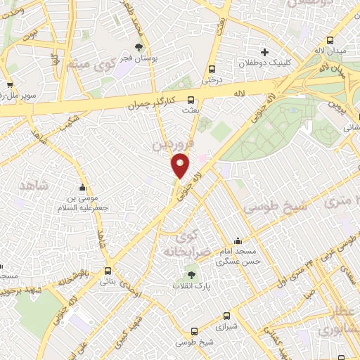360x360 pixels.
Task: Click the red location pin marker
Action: [181, 166]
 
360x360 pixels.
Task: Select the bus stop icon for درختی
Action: [212, 69]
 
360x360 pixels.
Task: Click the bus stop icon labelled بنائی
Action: [107, 271]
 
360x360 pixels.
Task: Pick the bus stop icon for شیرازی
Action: [226, 317]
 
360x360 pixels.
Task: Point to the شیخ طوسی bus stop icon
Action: [195, 330]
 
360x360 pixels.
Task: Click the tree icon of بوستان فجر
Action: [138, 48]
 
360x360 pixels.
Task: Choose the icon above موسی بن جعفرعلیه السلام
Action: [83, 188]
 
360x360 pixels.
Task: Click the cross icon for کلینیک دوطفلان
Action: [264, 51]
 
